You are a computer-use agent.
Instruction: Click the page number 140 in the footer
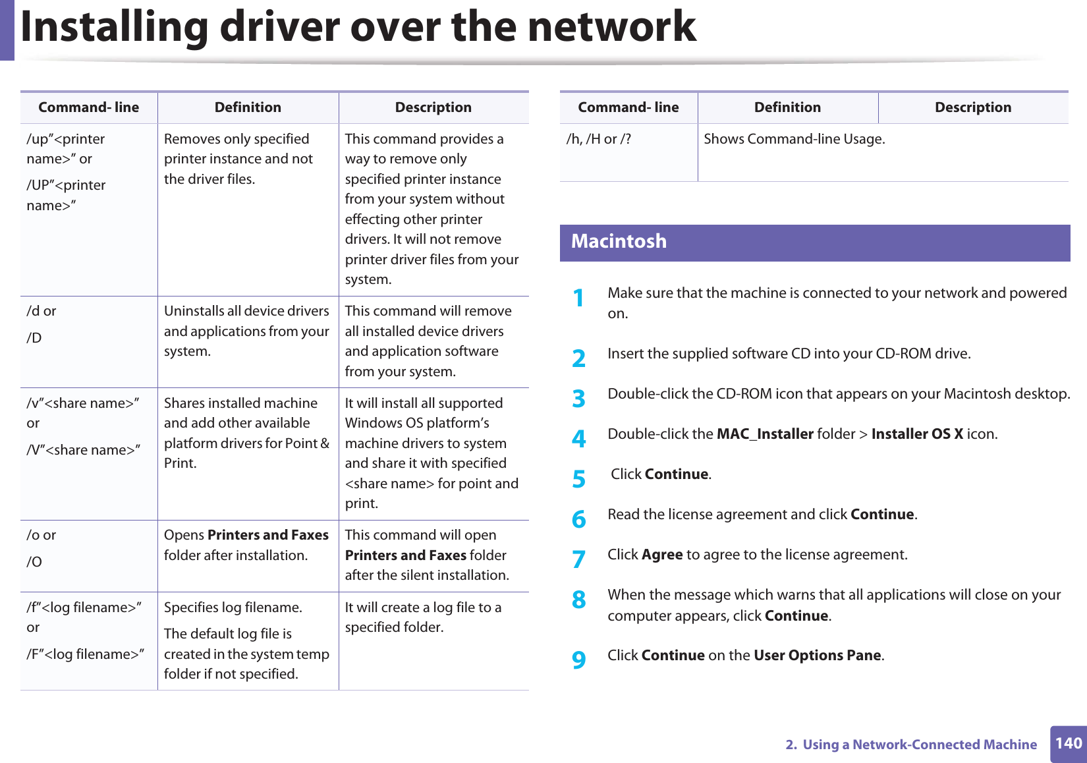[1068, 743]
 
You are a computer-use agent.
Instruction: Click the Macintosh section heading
[619, 242]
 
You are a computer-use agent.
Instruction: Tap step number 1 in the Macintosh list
[578, 298]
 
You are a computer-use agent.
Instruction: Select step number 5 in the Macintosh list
[578, 479]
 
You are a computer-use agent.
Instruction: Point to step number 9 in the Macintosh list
[578, 659]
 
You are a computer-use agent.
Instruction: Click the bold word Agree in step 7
[662, 555]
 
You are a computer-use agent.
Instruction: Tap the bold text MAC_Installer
[765, 434]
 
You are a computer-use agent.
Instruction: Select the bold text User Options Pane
[818, 656]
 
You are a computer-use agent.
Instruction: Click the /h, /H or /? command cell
[598, 139]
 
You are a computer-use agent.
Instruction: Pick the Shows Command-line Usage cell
[794, 139]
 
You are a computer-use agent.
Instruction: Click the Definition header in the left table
[248, 107]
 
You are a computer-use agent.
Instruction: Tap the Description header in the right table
[972, 107]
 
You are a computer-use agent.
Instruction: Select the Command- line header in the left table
[88, 107]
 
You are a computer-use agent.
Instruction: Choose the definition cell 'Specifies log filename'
[233, 608]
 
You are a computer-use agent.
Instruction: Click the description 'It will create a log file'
[423, 617]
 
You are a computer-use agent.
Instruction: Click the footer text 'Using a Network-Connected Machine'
[919, 745]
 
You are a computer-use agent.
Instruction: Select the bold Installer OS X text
[917, 434]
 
